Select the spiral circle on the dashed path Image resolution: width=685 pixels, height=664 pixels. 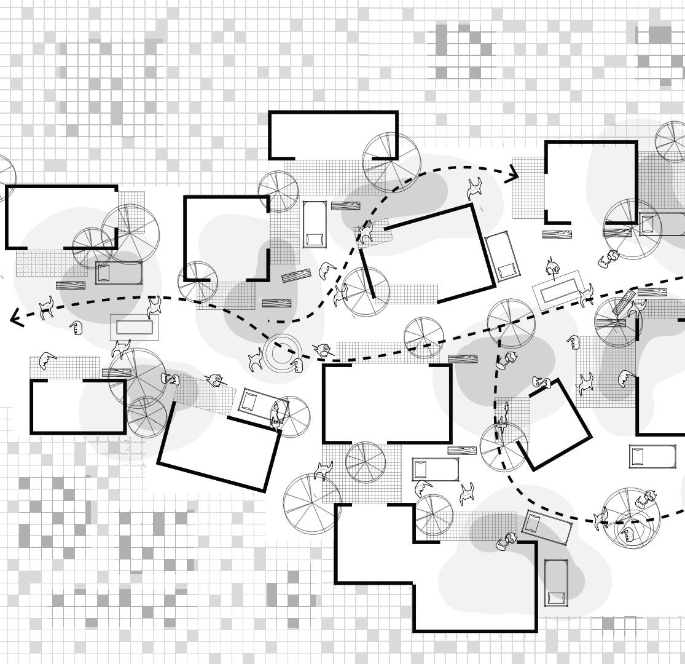(x=281, y=353)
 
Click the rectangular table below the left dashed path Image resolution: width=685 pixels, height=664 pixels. (x=134, y=326)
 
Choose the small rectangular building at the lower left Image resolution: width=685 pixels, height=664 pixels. (x=78, y=406)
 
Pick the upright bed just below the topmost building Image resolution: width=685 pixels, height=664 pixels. (x=315, y=224)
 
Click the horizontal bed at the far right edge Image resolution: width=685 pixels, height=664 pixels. (x=653, y=456)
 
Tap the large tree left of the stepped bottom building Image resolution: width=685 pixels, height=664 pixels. (x=312, y=502)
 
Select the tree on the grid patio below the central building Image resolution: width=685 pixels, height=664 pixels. (x=365, y=462)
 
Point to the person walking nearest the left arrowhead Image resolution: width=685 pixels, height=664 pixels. (x=46, y=307)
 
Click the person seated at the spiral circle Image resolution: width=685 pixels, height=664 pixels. (x=299, y=366)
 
